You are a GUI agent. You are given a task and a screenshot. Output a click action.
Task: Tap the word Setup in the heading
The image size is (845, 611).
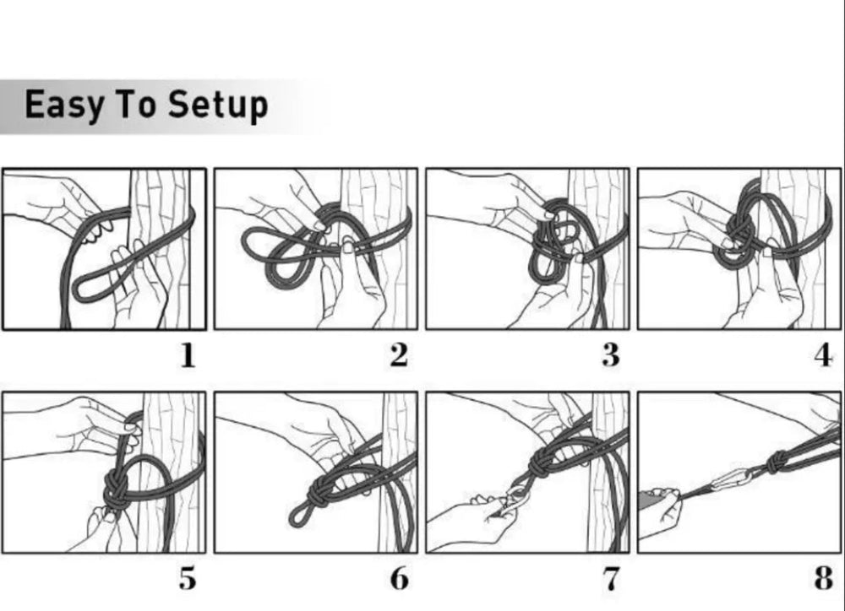click(x=218, y=105)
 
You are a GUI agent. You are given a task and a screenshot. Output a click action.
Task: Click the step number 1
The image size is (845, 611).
click(x=187, y=356)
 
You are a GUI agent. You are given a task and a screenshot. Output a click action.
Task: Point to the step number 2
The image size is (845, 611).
click(x=399, y=356)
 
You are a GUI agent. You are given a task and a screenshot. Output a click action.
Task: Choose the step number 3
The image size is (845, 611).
click(x=611, y=356)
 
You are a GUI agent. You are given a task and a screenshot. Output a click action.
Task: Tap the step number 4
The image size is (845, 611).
click(x=823, y=356)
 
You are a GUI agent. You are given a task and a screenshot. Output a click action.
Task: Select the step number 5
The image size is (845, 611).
click(x=187, y=579)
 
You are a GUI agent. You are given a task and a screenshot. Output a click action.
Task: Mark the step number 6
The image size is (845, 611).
click(x=400, y=579)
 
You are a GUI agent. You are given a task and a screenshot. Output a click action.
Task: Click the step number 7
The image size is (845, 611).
click(x=611, y=579)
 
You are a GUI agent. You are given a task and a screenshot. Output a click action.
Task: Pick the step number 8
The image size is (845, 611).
click(x=823, y=579)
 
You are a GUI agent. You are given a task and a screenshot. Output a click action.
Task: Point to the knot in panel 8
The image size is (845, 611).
click(x=777, y=462)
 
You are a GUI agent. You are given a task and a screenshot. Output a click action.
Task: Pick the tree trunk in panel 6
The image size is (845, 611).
click(x=399, y=473)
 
